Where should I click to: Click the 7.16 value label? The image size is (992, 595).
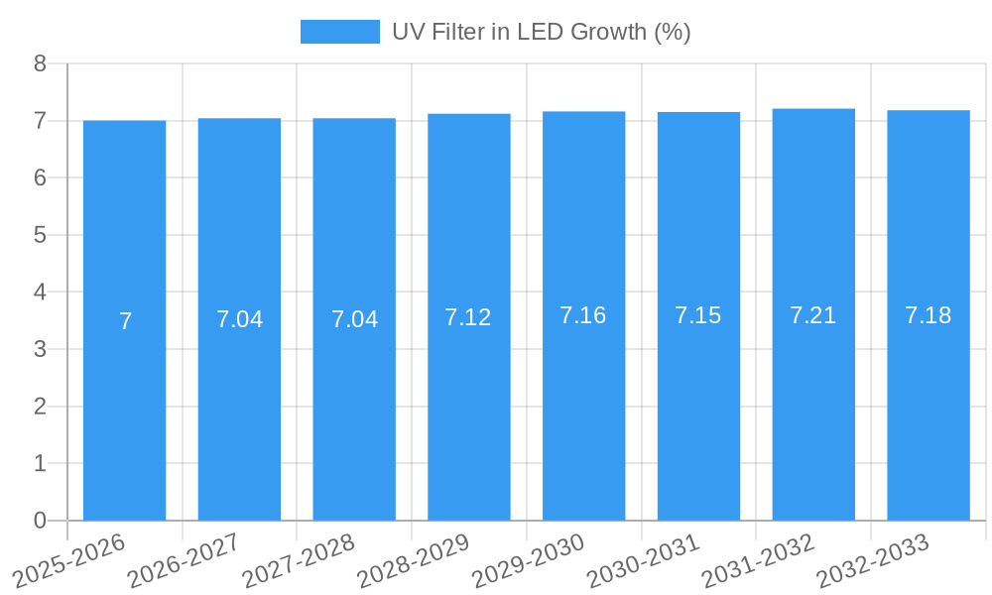(583, 315)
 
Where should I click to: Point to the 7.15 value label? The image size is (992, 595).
(698, 315)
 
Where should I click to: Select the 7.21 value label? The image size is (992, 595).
(813, 315)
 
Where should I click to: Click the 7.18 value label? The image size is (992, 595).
(928, 315)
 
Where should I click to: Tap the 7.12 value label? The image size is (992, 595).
(468, 317)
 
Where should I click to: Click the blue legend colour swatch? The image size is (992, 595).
(339, 32)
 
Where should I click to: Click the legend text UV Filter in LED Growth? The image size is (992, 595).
(541, 32)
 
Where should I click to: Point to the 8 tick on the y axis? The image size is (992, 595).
(40, 63)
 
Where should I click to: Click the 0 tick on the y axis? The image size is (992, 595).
(40, 521)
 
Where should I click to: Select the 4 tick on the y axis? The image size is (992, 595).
(40, 293)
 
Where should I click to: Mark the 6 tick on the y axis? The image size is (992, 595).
(40, 178)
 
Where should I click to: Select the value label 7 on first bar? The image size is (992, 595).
(125, 321)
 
